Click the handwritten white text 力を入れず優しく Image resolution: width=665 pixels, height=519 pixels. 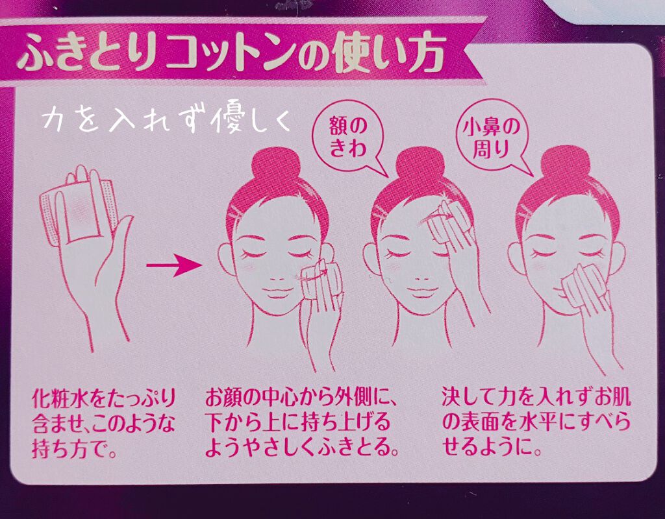pyautogui.click(x=166, y=121)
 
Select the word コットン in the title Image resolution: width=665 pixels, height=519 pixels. pyautogui.click(x=234, y=56)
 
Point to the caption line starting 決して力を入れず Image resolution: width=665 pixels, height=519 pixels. pyautogui.click(x=536, y=396)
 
